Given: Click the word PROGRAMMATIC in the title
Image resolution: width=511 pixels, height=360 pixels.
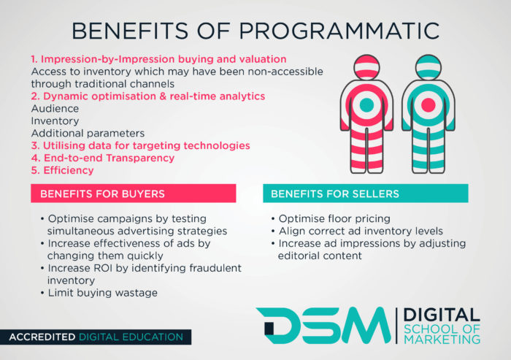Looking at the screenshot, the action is coord(339,31).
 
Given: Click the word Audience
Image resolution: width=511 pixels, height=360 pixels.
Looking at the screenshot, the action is coord(55,109).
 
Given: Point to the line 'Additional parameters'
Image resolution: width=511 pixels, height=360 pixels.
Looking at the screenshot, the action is coord(88,134).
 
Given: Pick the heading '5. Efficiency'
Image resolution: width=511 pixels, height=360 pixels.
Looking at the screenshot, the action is coord(63,170).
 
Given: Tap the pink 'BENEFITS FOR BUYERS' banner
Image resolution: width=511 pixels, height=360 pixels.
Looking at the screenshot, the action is coord(134,194).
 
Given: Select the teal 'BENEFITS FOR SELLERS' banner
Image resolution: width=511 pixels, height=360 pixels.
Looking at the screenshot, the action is coord(366,194).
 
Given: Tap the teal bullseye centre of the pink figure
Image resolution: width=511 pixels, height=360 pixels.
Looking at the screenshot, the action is coord(366,105).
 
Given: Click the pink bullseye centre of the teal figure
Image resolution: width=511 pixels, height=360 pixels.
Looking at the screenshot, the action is coord(429,105).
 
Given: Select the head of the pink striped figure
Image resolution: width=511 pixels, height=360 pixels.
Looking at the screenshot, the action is coord(366,67).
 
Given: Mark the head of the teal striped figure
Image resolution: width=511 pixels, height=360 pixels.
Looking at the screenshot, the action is coord(429,67).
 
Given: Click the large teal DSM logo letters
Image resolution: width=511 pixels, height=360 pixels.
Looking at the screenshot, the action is coord(323,325).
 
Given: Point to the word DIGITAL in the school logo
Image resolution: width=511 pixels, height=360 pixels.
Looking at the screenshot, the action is coord(442,315).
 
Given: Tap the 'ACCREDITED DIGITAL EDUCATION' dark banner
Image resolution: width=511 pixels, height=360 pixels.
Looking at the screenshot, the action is coord(96,337).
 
